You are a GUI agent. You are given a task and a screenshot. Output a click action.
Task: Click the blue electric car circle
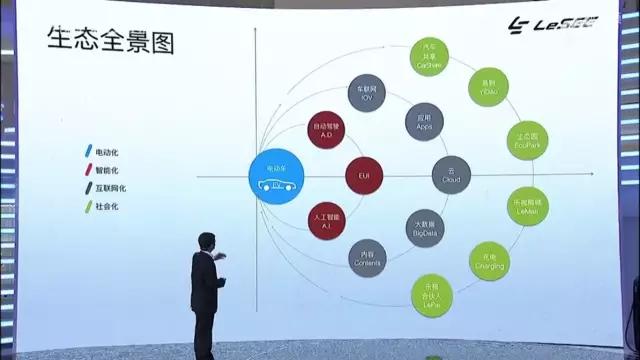(275, 177)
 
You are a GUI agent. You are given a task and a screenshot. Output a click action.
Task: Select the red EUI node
(364, 175)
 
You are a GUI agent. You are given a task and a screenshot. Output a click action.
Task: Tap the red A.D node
(327, 130)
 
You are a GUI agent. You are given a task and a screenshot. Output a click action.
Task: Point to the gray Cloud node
(450, 175)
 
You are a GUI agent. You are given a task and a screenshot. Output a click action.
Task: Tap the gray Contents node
(367, 257)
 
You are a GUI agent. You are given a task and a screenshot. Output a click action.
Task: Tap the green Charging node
(488, 262)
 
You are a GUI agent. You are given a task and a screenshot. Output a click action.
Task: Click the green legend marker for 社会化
(88, 206)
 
